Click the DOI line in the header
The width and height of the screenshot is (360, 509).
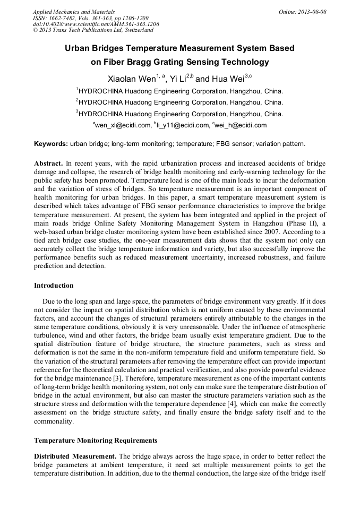96,24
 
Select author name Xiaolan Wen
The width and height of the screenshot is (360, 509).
131,79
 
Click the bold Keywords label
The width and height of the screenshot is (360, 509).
51,144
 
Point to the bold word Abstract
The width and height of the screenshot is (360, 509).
49,163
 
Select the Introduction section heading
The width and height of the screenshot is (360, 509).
54,285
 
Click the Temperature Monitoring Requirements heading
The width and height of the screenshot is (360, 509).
96,440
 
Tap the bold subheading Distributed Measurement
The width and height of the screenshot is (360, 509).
75,456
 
